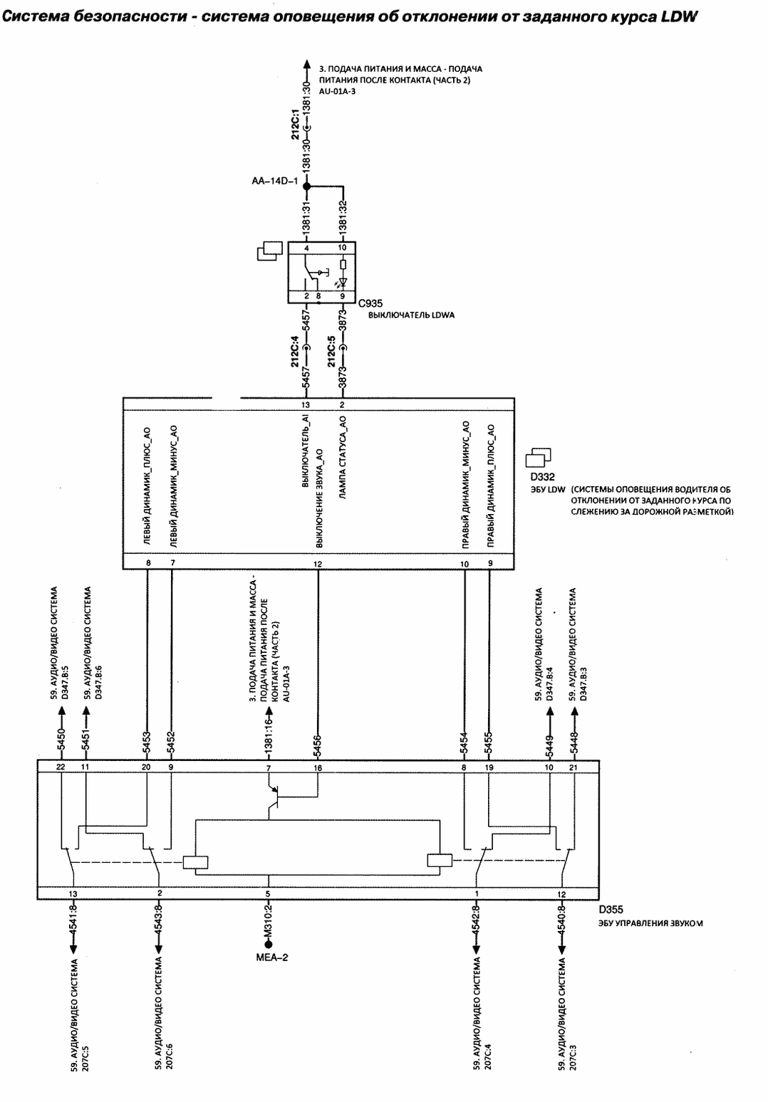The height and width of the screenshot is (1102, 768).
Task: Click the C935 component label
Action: [x=370, y=303]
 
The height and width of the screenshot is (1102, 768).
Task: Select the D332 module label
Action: [x=542, y=477]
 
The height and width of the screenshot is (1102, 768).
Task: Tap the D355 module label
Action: [x=611, y=910]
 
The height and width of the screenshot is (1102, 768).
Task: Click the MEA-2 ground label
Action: [x=272, y=957]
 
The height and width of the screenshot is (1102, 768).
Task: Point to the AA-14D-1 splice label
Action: [x=275, y=182]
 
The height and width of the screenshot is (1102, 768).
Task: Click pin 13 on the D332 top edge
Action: [x=306, y=405]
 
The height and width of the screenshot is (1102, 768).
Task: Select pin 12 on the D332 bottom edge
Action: [x=318, y=564]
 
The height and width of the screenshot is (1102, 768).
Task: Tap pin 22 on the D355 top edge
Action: [x=61, y=767]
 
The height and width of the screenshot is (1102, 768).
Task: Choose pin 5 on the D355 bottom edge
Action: [x=268, y=894]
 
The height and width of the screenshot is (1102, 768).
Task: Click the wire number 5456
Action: [x=318, y=743]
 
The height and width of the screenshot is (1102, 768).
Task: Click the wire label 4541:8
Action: [x=73, y=921]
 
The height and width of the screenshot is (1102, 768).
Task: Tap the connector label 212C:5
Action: [x=332, y=351]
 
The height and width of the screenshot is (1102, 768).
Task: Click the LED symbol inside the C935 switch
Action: [x=342, y=282]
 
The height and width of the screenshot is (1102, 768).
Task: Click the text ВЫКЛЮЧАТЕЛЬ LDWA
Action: [x=411, y=315]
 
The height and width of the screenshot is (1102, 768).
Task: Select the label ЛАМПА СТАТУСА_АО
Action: [x=343, y=458]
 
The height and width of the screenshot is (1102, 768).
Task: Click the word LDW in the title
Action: [x=679, y=16]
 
